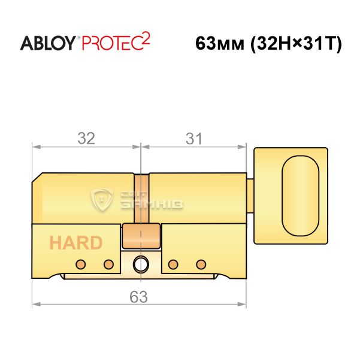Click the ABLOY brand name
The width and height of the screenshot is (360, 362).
[x=48, y=43]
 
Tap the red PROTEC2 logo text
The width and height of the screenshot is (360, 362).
[x=116, y=41]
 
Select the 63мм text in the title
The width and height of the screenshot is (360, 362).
[x=220, y=44]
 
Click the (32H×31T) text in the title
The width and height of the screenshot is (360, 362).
[x=296, y=44]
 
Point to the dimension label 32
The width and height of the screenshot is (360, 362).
[x=86, y=138]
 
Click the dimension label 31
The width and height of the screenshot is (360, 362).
[x=194, y=139]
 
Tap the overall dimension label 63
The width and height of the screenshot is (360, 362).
[x=138, y=297]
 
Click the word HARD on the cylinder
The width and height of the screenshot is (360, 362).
[x=76, y=243]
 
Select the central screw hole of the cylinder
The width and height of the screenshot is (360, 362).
[x=141, y=264]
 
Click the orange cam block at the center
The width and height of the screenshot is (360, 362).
[x=141, y=236]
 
